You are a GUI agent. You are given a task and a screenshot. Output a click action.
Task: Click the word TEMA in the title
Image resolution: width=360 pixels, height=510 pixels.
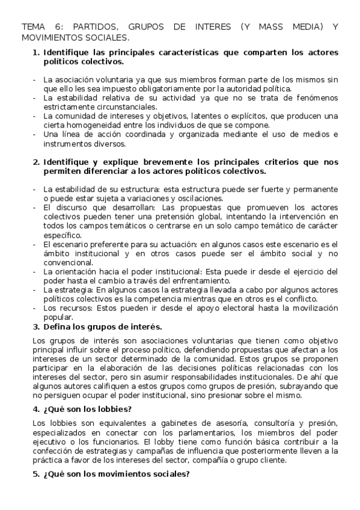(34, 27)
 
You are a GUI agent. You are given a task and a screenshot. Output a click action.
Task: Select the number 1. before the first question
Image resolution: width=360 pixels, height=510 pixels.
(35, 52)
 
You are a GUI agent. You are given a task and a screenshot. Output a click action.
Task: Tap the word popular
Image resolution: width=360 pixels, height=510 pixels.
(58, 317)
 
